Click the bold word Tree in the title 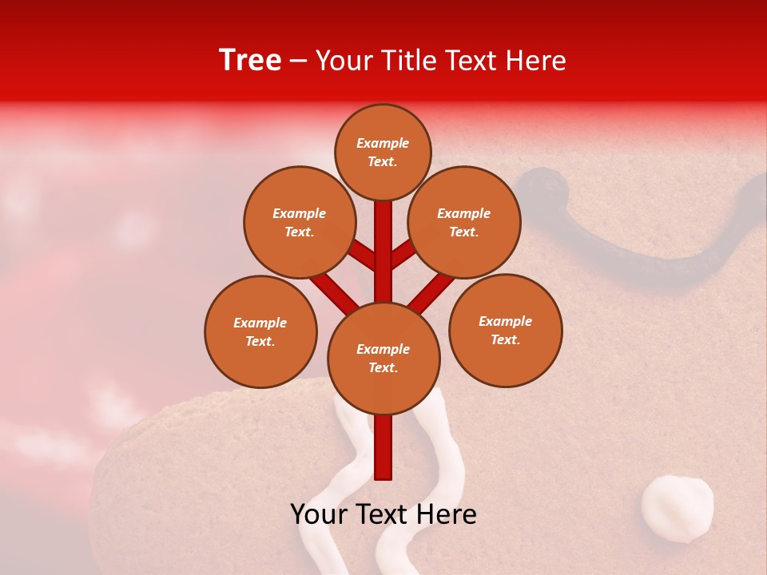pos(250,60)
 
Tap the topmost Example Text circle pos(383,152)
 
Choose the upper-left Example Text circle pos(299,222)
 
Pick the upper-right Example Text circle pos(463,222)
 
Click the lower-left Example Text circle pos(260,331)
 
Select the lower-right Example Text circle pos(505,330)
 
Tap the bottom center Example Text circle pos(383,359)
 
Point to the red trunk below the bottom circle pos(383,447)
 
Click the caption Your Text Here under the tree pos(383,514)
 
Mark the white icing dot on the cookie pos(677,509)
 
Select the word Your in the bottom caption pos(317,514)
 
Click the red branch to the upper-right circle pos(402,254)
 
